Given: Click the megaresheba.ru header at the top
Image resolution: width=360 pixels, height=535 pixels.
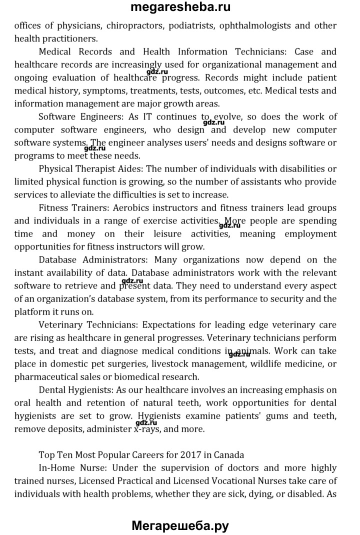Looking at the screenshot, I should [180, 7].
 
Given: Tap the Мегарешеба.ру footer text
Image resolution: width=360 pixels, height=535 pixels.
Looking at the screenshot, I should [180, 525].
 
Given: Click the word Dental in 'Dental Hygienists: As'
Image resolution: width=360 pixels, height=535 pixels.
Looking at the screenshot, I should [52, 389].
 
